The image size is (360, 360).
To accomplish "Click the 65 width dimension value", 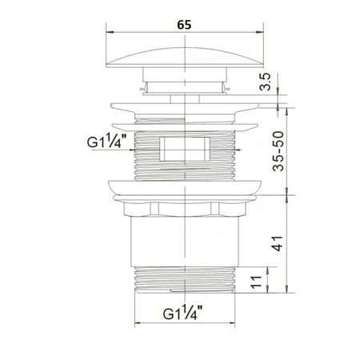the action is pyautogui.click(x=184, y=25).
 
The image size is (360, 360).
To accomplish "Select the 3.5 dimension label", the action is pyautogui.click(x=266, y=82).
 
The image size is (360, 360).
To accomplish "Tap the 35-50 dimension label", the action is pyautogui.click(x=278, y=151).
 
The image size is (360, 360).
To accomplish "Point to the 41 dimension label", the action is pyautogui.click(x=278, y=243).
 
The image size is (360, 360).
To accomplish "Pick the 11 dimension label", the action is pyautogui.click(x=256, y=282).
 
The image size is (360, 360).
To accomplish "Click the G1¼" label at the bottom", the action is pyautogui.click(x=182, y=313).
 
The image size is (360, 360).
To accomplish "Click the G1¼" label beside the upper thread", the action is pyautogui.click(x=106, y=141).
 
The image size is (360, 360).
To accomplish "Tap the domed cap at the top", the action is pyautogui.click(x=185, y=58).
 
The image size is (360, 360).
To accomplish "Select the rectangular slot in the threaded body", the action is pyautogui.click(x=185, y=149).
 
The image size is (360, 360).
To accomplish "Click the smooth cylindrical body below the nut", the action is pyautogui.click(x=185, y=242).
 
